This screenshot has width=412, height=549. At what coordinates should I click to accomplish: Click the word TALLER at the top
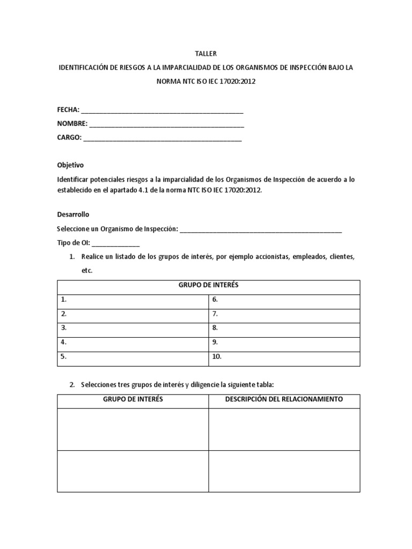[x=206, y=54]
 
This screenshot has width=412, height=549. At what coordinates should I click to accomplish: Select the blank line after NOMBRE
[x=167, y=124]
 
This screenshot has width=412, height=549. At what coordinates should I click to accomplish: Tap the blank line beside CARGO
[x=163, y=138]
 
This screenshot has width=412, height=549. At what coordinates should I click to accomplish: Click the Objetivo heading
[x=70, y=165]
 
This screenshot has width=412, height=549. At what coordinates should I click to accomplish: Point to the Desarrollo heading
[x=73, y=214]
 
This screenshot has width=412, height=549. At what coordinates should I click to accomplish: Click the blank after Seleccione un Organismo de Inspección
[x=261, y=229]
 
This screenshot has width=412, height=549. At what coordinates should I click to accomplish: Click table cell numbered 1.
[x=133, y=300]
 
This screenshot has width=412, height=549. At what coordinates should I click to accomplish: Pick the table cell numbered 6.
[x=284, y=300]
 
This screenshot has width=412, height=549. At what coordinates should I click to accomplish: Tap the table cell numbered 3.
[x=133, y=328]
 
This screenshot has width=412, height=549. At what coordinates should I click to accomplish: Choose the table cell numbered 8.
[x=284, y=328]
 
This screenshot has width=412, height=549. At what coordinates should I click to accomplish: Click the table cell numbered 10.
[x=284, y=356]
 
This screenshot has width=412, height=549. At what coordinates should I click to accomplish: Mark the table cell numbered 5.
[x=133, y=356]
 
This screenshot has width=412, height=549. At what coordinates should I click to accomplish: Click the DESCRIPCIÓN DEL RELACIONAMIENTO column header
[x=284, y=400]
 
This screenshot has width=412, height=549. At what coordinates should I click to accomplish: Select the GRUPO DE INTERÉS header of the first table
[x=208, y=286]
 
